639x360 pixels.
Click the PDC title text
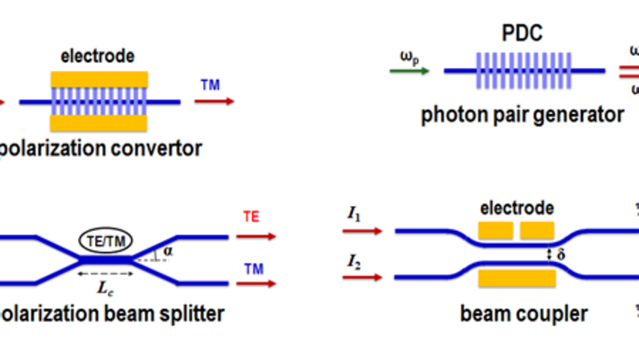tap(523, 33)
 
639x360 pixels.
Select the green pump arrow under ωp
tap(409, 71)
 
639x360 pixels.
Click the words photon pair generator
tap(522, 115)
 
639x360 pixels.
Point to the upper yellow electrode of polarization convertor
tap(99, 80)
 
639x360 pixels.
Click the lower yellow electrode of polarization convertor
tap(99, 122)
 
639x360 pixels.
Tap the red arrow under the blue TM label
tap(214, 101)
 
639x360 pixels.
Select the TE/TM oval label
tap(106, 242)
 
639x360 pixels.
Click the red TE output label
tap(251, 217)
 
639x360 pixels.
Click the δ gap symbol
tap(560, 256)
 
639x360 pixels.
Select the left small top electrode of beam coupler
tap(495, 230)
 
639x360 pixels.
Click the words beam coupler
tap(524, 314)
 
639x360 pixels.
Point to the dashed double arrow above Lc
tap(106, 273)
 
